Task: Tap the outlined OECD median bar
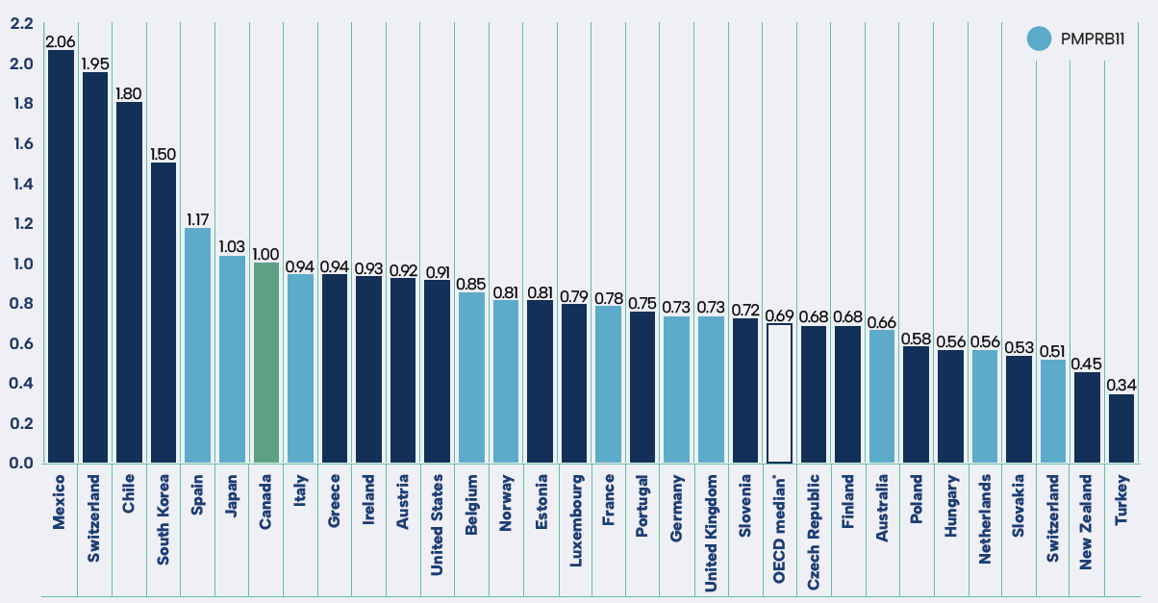click(779, 393)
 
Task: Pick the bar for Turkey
click(1120, 428)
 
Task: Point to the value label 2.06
click(61, 41)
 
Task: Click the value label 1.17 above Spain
click(198, 219)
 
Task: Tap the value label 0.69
click(779, 315)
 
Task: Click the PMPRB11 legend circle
click(1039, 38)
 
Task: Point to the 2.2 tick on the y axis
click(21, 24)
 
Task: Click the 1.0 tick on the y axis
click(21, 264)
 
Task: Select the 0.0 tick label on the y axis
click(21, 463)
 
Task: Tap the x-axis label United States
click(437, 524)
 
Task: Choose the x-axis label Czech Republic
click(813, 531)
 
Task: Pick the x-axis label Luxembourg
click(574, 520)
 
